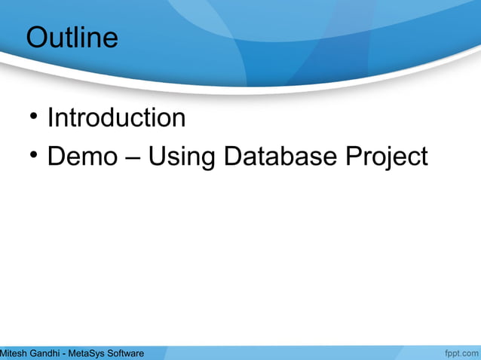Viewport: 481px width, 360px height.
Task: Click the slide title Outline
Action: (x=72, y=38)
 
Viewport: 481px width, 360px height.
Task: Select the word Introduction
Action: (x=116, y=118)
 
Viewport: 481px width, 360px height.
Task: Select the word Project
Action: (x=386, y=157)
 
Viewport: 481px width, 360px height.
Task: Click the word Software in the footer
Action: (x=126, y=353)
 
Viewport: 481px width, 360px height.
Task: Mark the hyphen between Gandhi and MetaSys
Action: (x=66, y=354)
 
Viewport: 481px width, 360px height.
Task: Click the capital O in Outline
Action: (x=36, y=38)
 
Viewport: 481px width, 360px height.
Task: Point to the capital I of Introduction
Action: (x=51, y=118)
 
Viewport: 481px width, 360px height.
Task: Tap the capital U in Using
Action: (x=156, y=157)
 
